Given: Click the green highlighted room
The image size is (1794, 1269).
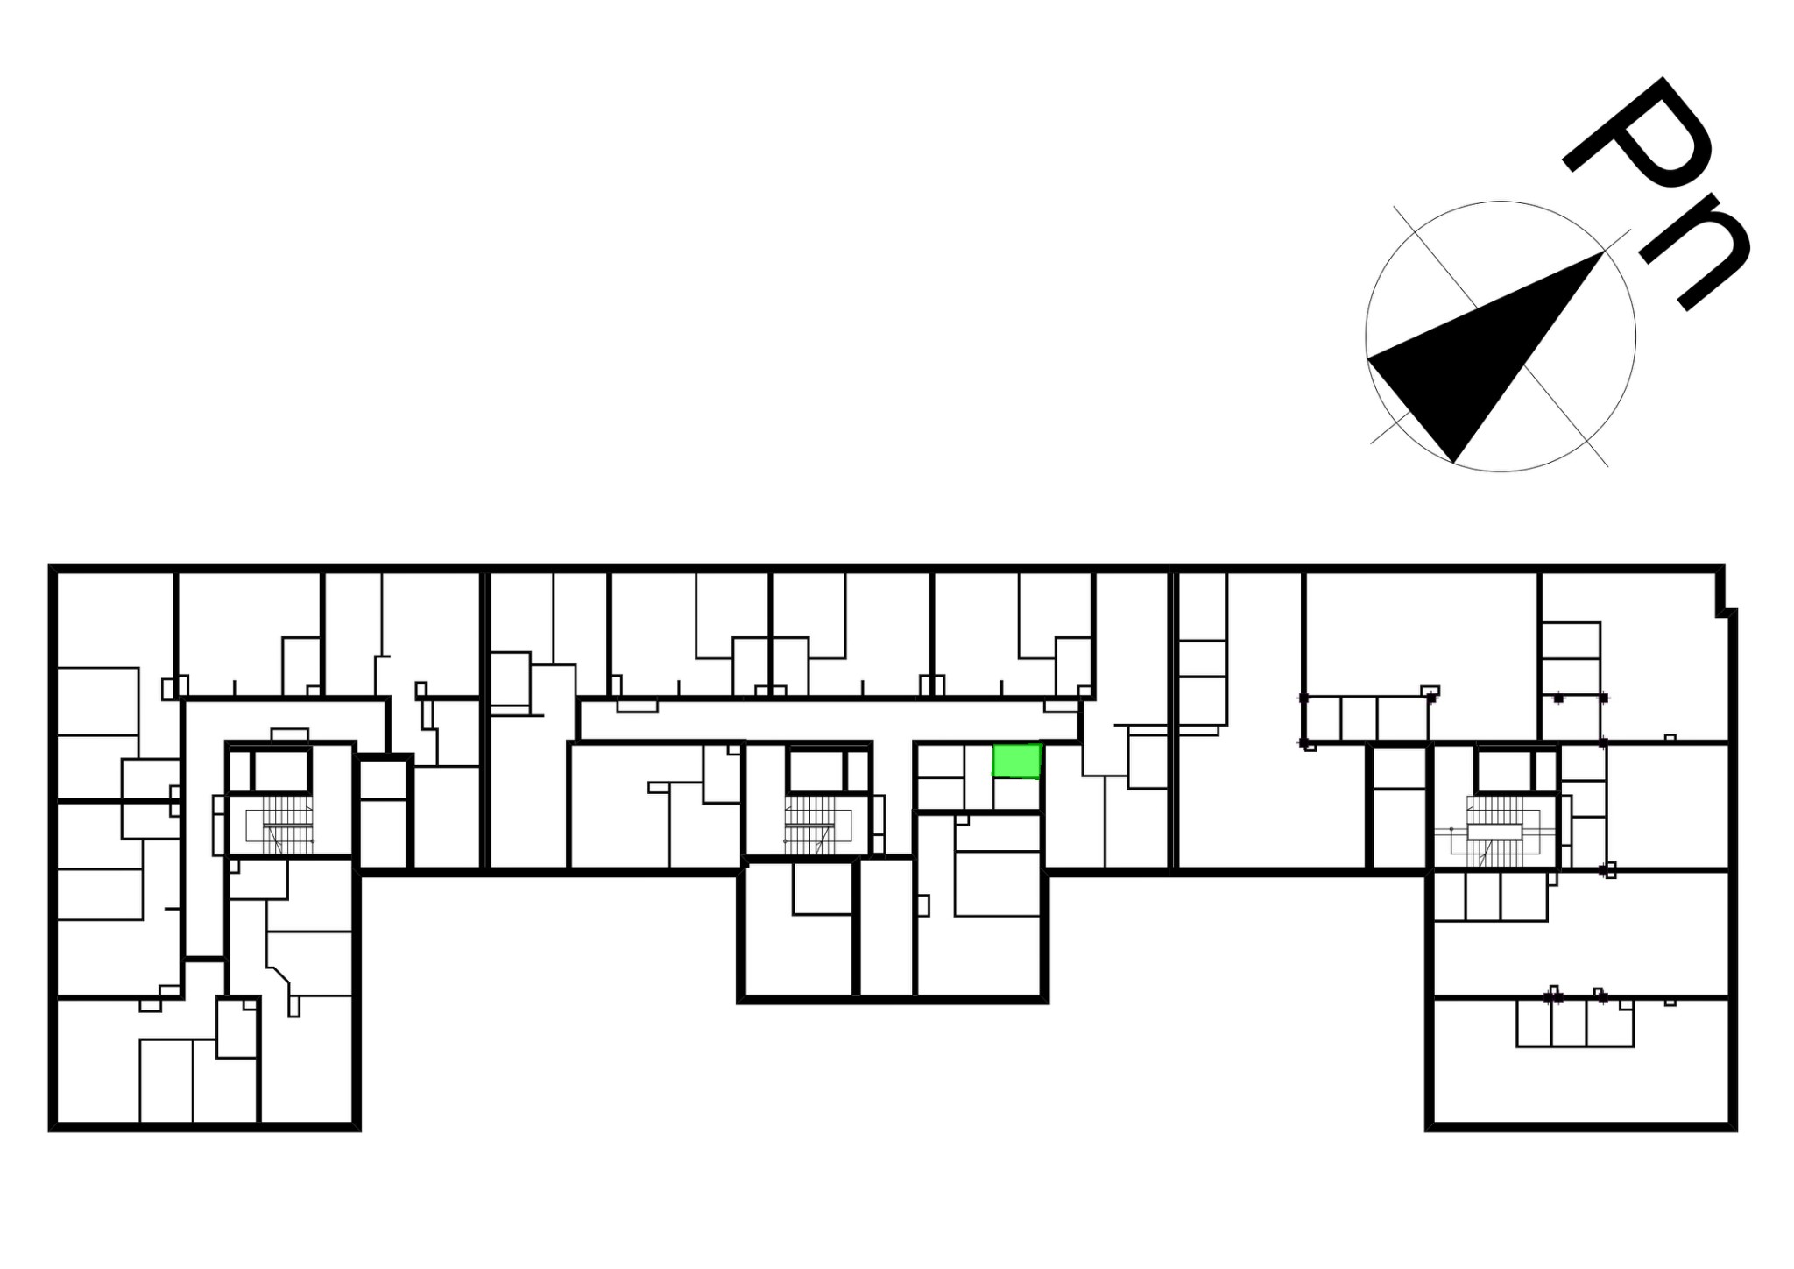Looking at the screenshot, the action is pos(1016,761).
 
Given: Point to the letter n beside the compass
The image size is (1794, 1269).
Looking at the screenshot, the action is pos(1695,254).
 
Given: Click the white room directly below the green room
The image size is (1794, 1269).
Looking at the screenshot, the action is pos(1017,794).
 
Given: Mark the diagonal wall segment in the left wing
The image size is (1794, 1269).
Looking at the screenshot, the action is pos(280,975).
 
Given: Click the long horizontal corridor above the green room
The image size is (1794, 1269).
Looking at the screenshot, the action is pos(828,720).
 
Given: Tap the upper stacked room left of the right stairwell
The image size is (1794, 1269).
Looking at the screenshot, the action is pos(1399,768).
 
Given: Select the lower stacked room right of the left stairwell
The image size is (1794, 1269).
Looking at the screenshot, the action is pos(384,833).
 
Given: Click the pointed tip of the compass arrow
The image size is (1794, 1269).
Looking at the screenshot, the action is pos(1603,252).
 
